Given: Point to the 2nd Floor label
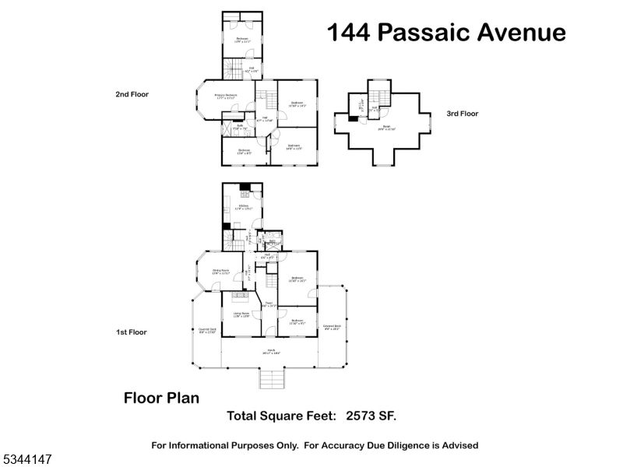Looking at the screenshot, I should (132, 94).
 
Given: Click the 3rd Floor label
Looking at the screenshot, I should (462, 114).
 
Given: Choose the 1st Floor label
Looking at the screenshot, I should (132, 332).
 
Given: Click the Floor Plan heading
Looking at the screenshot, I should (161, 398).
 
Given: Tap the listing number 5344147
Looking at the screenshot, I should (27, 461).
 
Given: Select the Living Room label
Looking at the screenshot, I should (241, 314).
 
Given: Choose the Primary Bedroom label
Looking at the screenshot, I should (226, 96).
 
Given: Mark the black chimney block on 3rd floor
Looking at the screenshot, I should (353, 119).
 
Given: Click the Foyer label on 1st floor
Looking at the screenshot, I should (268, 304).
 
